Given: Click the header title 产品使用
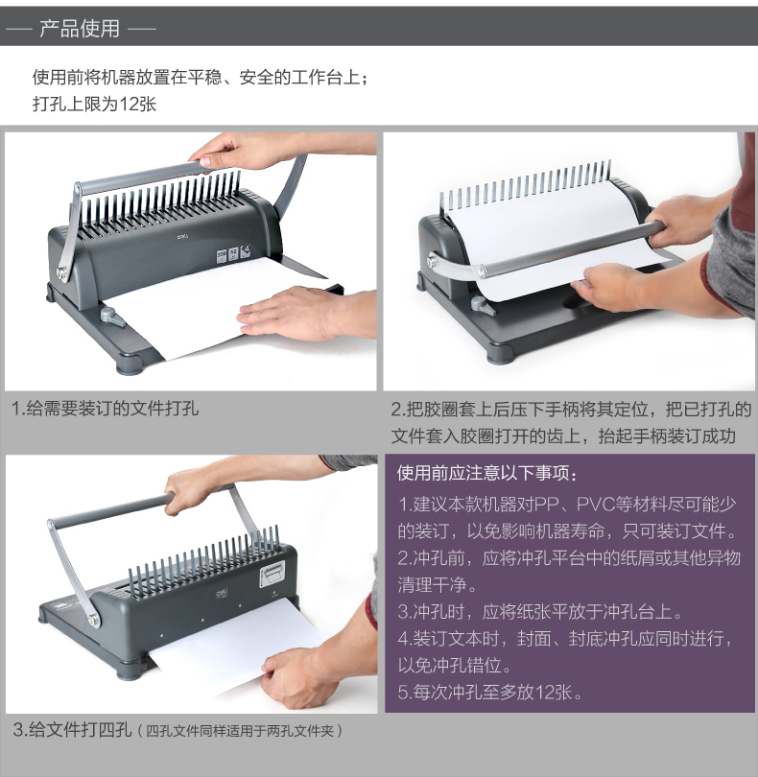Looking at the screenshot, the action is [80, 28].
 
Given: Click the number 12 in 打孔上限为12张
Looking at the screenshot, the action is [129, 104].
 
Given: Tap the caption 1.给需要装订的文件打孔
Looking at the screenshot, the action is [105, 409].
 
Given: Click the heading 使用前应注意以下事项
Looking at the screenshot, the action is [486, 473].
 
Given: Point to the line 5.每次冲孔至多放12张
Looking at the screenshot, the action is [489, 693].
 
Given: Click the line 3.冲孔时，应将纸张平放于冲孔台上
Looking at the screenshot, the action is [540, 612].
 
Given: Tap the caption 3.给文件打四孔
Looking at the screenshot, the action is [72, 730].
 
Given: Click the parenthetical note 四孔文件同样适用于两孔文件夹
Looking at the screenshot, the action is [240, 731].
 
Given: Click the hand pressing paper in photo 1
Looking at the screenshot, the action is [305, 313].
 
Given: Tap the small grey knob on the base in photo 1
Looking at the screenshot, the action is [112, 317].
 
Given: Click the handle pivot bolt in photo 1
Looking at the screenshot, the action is [62, 273].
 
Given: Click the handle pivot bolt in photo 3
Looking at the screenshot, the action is [93, 620].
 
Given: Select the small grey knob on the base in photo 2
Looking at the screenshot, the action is [483, 305].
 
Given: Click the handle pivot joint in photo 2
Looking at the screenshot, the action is [434, 262].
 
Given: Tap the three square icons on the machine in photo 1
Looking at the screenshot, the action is [233, 253].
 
